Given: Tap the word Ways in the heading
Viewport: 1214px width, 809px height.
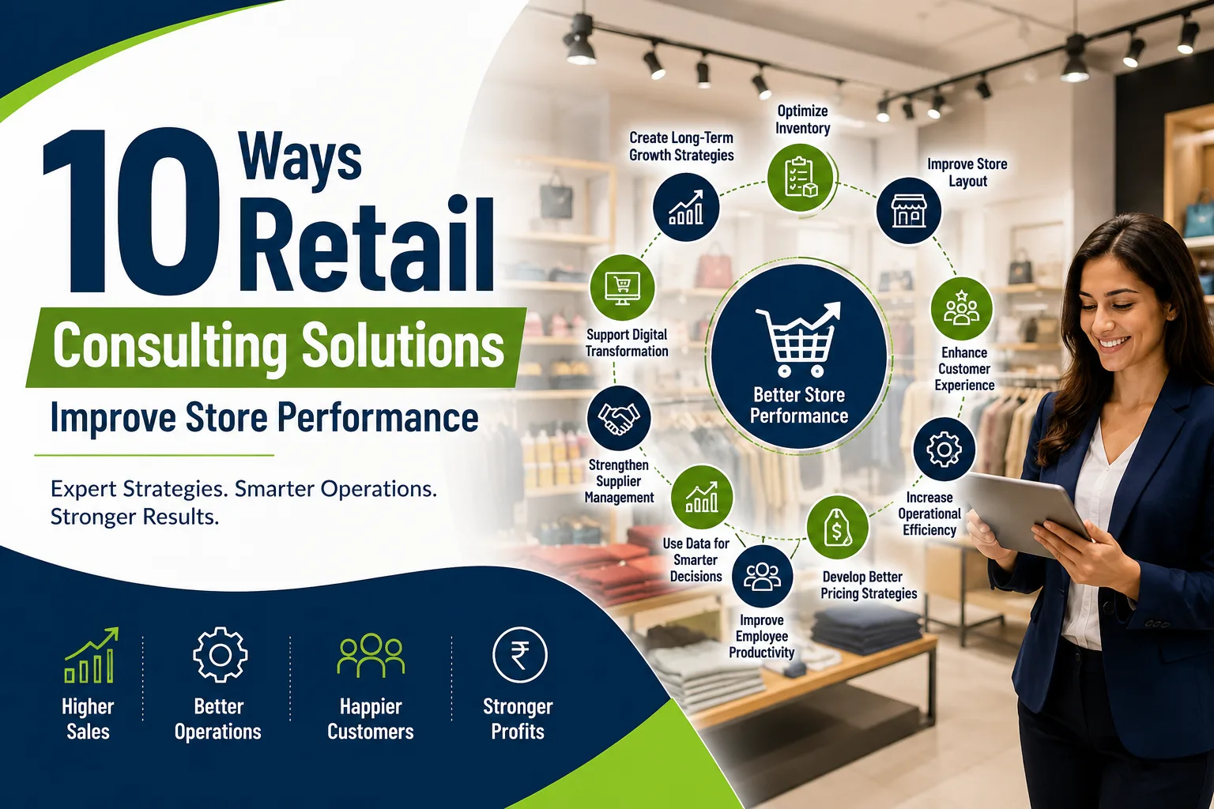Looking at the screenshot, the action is [300, 159].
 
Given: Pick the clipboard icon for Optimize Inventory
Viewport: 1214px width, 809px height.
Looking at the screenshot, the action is [801, 177].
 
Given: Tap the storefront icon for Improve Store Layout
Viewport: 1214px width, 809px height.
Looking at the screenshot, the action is [909, 210].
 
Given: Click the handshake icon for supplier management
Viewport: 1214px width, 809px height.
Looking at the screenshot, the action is [618, 418].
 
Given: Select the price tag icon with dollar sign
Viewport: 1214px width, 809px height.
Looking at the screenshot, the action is [837, 528].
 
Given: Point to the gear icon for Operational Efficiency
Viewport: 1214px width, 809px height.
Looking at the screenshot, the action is [944, 450].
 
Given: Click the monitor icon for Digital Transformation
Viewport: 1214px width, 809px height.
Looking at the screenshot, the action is [622, 288].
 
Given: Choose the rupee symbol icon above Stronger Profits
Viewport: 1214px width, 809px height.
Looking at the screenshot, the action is [520, 655].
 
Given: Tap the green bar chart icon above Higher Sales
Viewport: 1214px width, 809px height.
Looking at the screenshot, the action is [91, 655].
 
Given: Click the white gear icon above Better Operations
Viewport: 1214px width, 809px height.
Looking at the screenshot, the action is [220, 655].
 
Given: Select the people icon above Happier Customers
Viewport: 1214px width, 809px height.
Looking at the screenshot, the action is [371, 655].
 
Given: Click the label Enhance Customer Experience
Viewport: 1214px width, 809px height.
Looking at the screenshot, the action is [964, 369].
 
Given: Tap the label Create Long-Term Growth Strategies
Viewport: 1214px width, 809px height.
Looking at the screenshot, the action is [681, 146].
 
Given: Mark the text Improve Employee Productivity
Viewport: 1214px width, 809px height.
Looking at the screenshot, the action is [761, 636].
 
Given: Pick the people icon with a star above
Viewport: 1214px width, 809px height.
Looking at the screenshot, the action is [961, 307].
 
